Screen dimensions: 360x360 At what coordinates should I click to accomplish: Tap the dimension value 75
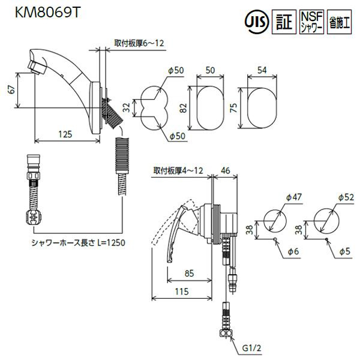point(235,107)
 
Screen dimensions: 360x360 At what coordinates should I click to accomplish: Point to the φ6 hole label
point(293,253)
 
